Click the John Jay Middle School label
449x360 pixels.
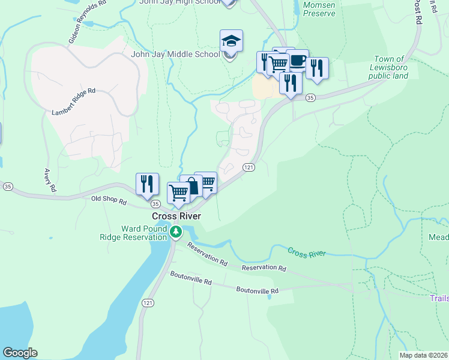(175, 55)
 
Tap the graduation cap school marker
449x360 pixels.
(231, 42)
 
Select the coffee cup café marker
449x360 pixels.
(297, 61)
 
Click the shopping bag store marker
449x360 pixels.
(190, 187)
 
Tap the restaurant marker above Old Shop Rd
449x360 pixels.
(147, 185)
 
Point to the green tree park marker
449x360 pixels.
(175, 232)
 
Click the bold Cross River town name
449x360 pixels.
(176, 216)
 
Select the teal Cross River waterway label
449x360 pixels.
(306, 253)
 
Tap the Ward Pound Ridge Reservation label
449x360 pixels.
(143, 233)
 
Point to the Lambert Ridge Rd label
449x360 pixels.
(74, 101)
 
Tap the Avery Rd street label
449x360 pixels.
(49, 179)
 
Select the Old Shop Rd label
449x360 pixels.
(109, 200)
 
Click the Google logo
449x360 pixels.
(20, 353)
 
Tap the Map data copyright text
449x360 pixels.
(423, 355)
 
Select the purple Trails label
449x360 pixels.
(439, 298)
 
